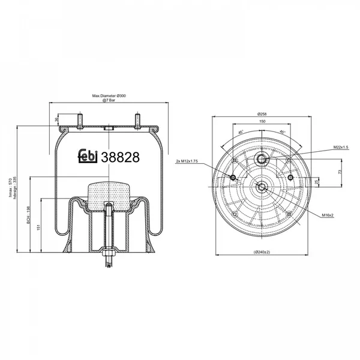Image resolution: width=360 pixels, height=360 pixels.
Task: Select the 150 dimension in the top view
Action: (x=262, y=121)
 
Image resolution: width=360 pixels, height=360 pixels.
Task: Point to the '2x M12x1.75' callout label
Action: (x=188, y=161)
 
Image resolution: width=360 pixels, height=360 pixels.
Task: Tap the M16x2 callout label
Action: (x=327, y=214)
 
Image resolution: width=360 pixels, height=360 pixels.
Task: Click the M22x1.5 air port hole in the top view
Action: (x=262, y=158)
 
